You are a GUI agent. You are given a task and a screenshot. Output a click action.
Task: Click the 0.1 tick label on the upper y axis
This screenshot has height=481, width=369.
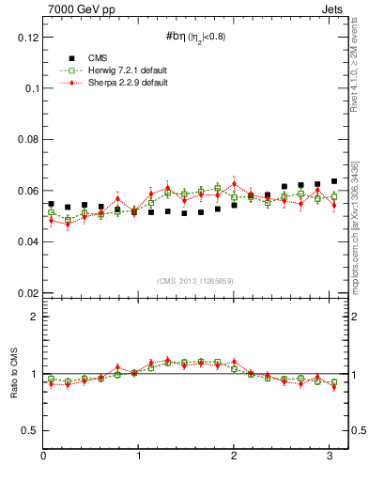pos(29,88)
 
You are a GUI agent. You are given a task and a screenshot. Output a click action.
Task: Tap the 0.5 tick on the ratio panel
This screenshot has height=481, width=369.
pos(29,431)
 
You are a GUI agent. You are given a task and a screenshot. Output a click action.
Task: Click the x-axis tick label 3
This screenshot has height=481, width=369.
pos(330,457)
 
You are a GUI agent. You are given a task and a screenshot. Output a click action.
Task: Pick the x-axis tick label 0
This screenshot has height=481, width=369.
pos(43,457)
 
